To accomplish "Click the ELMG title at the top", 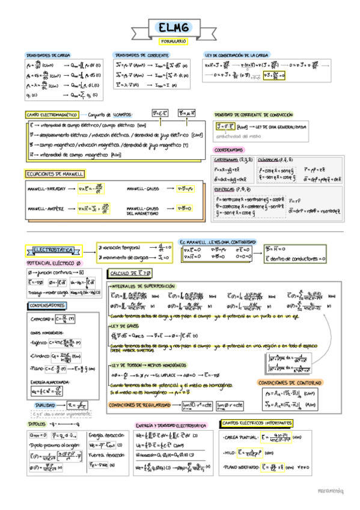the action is point(173,27).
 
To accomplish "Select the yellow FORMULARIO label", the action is point(173,41).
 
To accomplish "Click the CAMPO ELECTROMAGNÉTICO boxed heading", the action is point(52,114).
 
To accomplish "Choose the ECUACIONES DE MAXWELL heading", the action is point(54,174).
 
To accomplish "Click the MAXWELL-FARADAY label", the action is point(46,189).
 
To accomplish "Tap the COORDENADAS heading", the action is point(229,149).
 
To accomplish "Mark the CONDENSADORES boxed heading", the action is point(46,306).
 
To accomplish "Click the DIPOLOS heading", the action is point(37,423).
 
